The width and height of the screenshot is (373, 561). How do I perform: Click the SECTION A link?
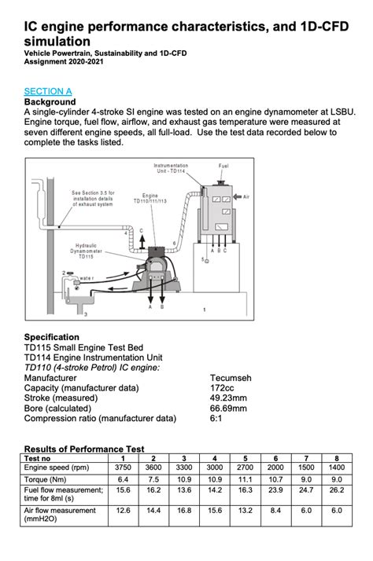click(x=48, y=91)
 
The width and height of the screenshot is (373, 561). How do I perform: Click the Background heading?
click(x=50, y=102)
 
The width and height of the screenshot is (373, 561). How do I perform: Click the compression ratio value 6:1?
click(x=218, y=418)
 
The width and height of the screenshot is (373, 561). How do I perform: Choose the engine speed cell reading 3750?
click(x=122, y=466)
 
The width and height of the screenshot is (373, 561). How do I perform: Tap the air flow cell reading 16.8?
click(x=183, y=509)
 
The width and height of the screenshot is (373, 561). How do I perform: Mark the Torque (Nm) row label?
click(x=46, y=478)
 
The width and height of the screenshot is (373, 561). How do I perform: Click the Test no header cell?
click(x=39, y=456)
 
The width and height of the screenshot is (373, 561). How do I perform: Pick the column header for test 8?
click(x=337, y=456)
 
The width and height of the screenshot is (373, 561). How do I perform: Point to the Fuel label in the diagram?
click(x=224, y=167)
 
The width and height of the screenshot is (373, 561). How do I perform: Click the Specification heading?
click(x=52, y=337)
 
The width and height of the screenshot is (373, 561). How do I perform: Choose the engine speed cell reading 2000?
click(x=275, y=466)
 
